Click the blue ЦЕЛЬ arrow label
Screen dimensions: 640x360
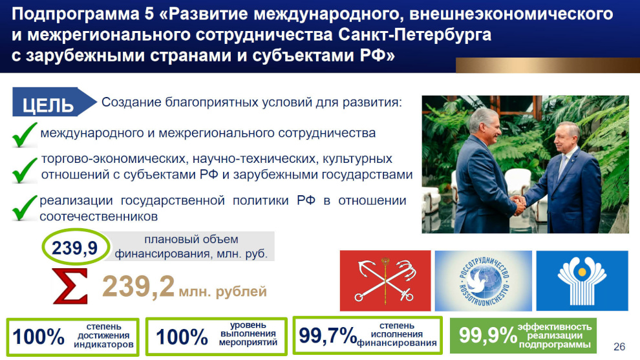pos(54,102)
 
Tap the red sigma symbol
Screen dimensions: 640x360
pos(70,286)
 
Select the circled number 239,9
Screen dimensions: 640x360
pos(76,248)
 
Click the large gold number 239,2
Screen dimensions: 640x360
pos(138,286)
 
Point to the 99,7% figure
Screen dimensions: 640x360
pos(328,335)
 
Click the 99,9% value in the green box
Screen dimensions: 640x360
pos(487,335)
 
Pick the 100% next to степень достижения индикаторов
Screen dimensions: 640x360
pos(38,337)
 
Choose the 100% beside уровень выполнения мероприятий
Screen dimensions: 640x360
pos(182,337)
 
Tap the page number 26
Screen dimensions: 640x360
pos(619,346)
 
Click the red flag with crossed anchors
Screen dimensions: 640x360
pos(385,281)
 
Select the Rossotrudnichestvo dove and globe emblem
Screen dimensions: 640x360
pos(484,281)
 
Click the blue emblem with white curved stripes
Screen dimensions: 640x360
pos(582,281)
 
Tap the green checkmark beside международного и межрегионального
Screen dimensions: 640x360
pos(24,134)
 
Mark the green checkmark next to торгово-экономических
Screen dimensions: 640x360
pos(24,170)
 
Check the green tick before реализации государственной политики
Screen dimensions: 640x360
pos(24,207)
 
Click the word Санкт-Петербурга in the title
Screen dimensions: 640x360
pos(414,35)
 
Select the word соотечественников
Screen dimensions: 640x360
pos(98,217)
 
